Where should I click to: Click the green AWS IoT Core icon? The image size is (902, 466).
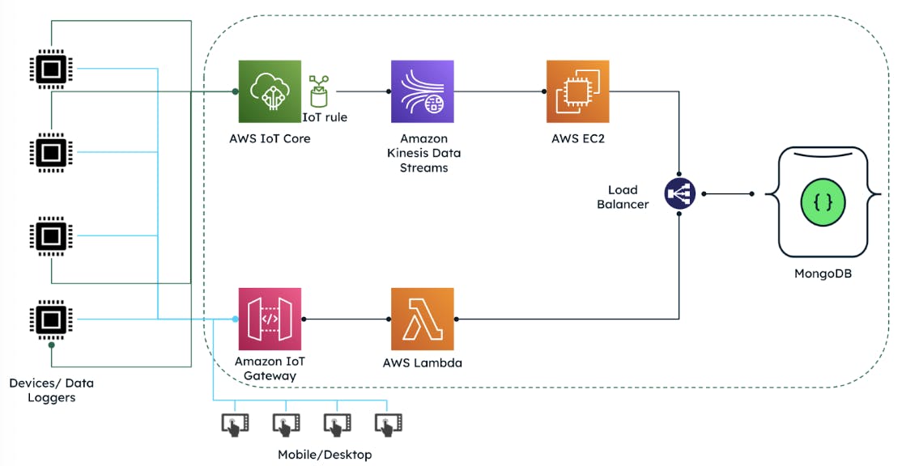pos(270,91)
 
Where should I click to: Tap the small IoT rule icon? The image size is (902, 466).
pos(318,91)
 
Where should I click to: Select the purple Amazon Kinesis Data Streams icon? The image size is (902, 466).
pos(422,91)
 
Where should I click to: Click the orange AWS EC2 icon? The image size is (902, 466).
pos(577,91)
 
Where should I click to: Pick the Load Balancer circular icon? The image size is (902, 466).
pos(679,194)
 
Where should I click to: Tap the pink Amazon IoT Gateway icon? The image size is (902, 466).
pos(270,319)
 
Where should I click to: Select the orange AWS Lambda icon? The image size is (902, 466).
pos(422,319)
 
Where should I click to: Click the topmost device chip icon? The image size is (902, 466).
pos(51,70)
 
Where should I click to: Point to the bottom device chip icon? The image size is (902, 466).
pos(51,319)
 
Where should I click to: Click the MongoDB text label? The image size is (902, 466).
pos(823,273)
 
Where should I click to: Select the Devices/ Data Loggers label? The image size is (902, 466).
pos(51,389)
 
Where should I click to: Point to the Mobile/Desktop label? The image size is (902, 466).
pos(325,455)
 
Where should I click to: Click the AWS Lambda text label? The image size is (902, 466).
pos(422,363)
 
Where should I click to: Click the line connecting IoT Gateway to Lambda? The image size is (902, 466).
pos(346,319)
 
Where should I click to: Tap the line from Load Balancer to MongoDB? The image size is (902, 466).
pos(727,194)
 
